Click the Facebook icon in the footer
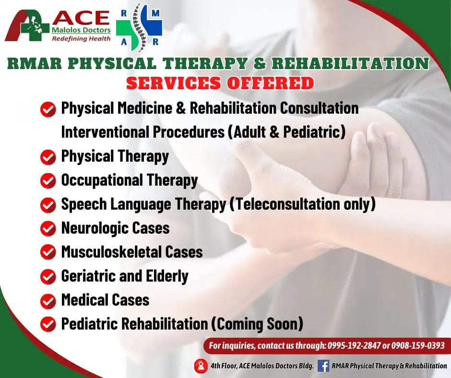(323, 366)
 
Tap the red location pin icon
(201, 366)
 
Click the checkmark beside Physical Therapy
(48, 157)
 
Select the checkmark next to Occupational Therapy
(48, 181)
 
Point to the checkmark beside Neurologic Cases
(48, 229)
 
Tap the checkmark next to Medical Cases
(48, 301)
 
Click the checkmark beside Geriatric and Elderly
(48, 277)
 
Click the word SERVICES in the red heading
(173, 83)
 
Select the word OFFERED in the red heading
(271, 83)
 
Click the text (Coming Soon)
(257, 324)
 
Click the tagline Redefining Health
(81, 38)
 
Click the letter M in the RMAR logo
(155, 13)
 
